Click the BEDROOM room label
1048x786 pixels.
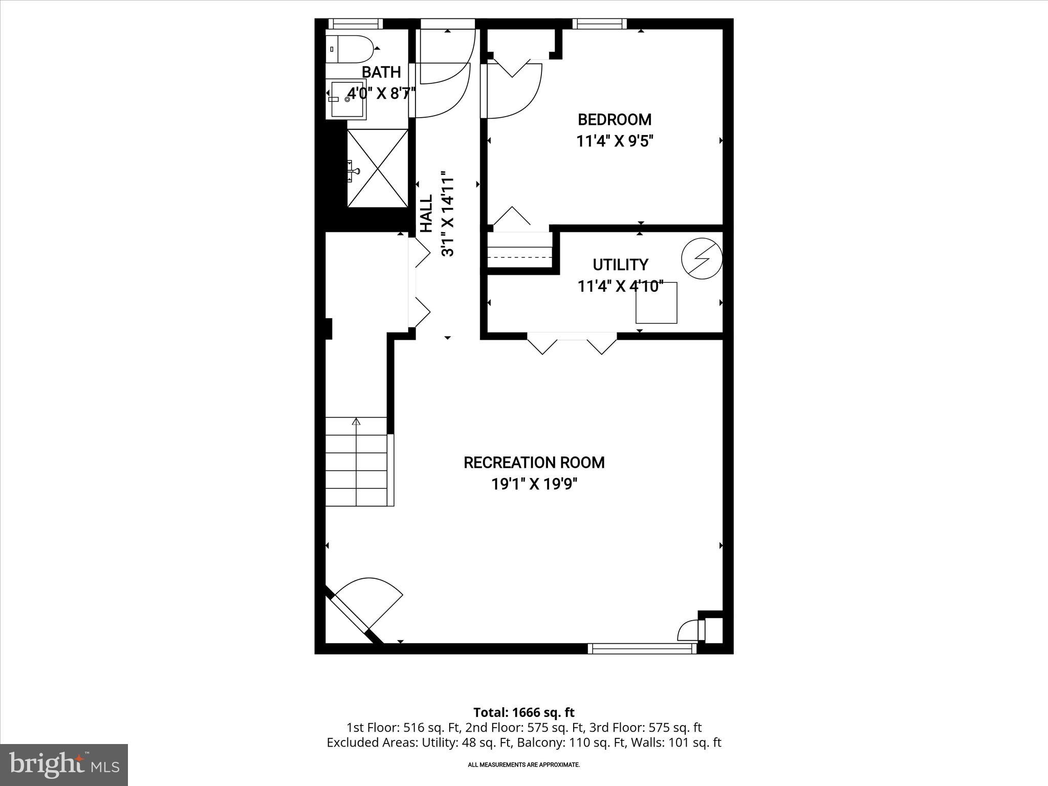[x=615, y=120]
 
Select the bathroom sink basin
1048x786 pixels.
[x=347, y=99]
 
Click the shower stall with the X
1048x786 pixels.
[x=378, y=168]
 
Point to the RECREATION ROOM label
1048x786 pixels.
[x=534, y=463]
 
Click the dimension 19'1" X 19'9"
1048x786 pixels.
[x=534, y=484]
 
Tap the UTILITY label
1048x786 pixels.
[x=620, y=265]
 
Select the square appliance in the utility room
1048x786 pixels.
[x=656, y=303]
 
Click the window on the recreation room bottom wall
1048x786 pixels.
[x=642, y=648]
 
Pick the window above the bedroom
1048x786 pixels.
[x=599, y=24]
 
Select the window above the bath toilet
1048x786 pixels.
[x=355, y=24]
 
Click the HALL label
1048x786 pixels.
[x=426, y=213]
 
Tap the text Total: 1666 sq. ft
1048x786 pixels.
[x=523, y=712]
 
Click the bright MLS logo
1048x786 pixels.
[x=64, y=765]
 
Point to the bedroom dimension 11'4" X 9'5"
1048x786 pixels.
[x=615, y=141]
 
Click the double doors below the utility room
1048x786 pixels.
[x=572, y=342]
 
